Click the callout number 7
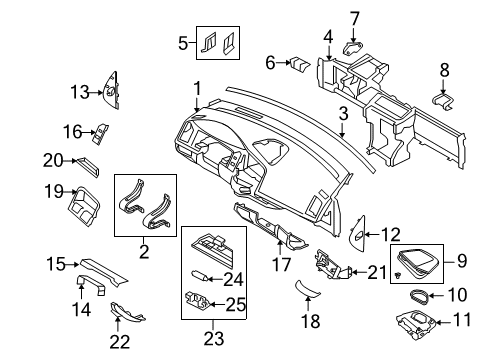[x=355, y=17]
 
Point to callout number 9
[x=463, y=262]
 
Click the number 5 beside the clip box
[x=182, y=43]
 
